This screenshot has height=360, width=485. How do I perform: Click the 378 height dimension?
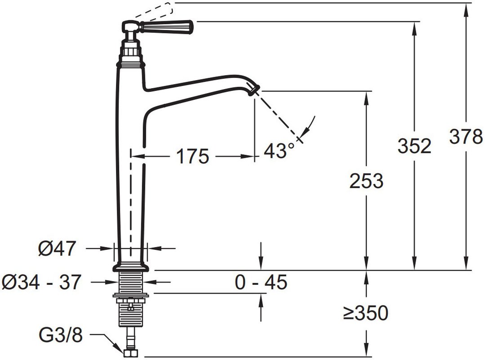coord(466,136)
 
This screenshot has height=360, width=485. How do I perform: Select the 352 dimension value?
coord(414,146)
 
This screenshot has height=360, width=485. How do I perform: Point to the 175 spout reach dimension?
coord(193,156)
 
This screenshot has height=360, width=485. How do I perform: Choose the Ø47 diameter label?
coord(57,248)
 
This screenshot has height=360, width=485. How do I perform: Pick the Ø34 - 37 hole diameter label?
coord(41,282)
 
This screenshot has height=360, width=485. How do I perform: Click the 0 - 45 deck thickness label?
coord(261,282)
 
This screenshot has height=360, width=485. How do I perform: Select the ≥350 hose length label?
coord(366,313)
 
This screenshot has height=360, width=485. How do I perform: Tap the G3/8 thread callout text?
coord(61,335)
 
